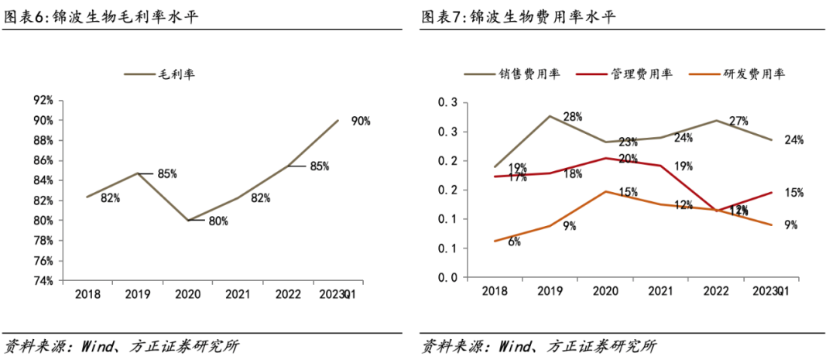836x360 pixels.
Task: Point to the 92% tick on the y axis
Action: [x=43, y=101]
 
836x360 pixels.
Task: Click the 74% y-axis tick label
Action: [x=43, y=280]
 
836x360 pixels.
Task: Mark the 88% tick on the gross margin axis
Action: [x=43, y=140]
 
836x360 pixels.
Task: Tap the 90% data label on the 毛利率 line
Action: [x=361, y=121]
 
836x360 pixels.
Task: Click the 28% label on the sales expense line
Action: [x=572, y=117]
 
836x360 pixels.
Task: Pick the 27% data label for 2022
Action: [x=738, y=122]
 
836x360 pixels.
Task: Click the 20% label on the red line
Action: [x=627, y=159]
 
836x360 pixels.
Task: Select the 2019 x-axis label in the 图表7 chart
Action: [x=550, y=291]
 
